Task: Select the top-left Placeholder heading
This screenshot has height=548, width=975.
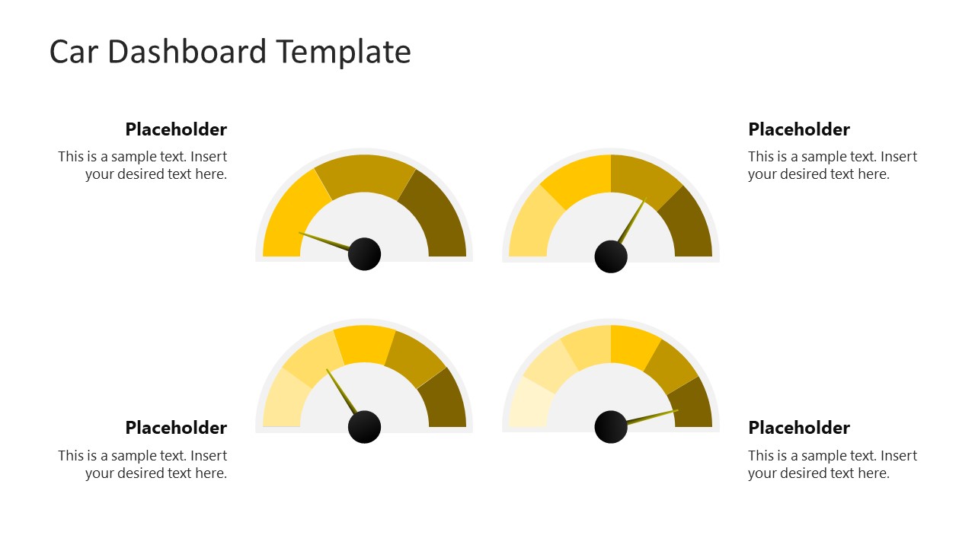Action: click(x=176, y=129)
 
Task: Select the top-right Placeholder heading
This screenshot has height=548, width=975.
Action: click(x=799, y=129)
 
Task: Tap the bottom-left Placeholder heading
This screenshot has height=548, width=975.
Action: click(x=176, y=428)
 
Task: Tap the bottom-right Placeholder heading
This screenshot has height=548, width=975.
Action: click(x=799, y=428)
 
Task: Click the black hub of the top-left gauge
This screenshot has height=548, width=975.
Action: click(x=364, y=254)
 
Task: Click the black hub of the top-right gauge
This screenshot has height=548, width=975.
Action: click(x=611, y=256)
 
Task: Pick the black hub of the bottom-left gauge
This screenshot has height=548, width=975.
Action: click(x=364, y=427)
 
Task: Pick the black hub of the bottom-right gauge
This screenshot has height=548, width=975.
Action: click(x=611, y=426)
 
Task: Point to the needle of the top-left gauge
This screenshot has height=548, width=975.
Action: click(x=324, y=240)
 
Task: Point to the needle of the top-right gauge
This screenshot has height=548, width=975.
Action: click(x=632, y=221)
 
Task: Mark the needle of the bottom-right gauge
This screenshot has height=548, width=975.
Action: click(x=651, y=416)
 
